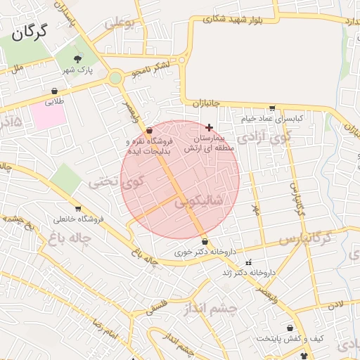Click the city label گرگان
tap(30, 31)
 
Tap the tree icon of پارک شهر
tap(77, 58)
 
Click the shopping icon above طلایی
tap(55, 91)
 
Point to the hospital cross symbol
tap(208, 127)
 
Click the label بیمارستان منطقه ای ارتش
tap(203, 144)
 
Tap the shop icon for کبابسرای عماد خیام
tap(272, 108)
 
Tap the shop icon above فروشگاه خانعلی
tap(77, 208)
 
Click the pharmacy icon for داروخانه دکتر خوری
tap(205, 241)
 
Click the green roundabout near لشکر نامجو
tap(115, 78)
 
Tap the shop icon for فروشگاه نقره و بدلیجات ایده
tap(149, 130)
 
